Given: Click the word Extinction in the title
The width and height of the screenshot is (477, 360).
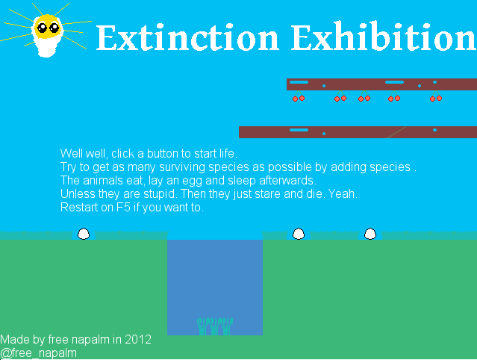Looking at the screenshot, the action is point(187,38).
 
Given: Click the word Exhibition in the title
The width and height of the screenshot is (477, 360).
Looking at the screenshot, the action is point(384,37).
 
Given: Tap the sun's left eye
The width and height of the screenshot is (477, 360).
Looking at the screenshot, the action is point(42,28).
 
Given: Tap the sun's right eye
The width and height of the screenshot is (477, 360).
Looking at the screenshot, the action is point(54,28).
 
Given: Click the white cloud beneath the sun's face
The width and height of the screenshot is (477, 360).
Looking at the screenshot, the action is point(47,47).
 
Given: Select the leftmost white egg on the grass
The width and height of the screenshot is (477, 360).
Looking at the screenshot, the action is point(84,234).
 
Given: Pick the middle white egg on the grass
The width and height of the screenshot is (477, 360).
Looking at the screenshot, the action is point(299,234).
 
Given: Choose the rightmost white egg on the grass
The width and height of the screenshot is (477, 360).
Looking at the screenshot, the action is point(370,234).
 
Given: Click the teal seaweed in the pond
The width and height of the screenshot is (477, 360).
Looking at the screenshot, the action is point(215,326).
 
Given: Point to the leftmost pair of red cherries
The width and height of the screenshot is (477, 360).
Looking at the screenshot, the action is point(299,97).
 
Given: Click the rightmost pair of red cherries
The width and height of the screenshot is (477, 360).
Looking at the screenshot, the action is point(436,97).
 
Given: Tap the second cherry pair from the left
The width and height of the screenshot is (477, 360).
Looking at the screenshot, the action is point(340,97).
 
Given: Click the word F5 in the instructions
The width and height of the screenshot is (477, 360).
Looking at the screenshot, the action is point(123,208).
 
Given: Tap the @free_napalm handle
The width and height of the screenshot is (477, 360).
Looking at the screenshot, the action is point(38,353).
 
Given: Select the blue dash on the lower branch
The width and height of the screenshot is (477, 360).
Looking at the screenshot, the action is point(299,130).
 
